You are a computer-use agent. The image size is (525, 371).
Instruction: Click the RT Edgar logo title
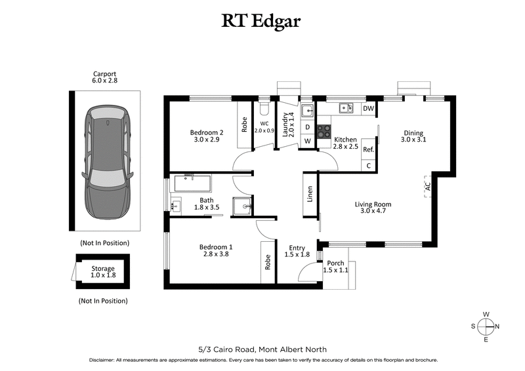point(262,22)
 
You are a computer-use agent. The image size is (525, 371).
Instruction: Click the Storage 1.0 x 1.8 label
point(103,272)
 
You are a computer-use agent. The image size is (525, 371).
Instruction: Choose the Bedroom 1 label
point(216,251)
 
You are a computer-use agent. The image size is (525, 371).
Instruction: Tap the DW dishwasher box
point(369,109)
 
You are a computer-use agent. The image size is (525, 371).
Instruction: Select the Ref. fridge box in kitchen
point(368,149)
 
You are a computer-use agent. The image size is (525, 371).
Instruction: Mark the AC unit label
point(427,186)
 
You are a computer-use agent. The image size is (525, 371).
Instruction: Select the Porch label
point(335,265)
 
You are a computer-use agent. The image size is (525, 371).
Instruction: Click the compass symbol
point(486,326)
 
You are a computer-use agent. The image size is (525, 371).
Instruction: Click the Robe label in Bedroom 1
point(268,262)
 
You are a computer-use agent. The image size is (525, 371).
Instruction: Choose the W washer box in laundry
point(307,141)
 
